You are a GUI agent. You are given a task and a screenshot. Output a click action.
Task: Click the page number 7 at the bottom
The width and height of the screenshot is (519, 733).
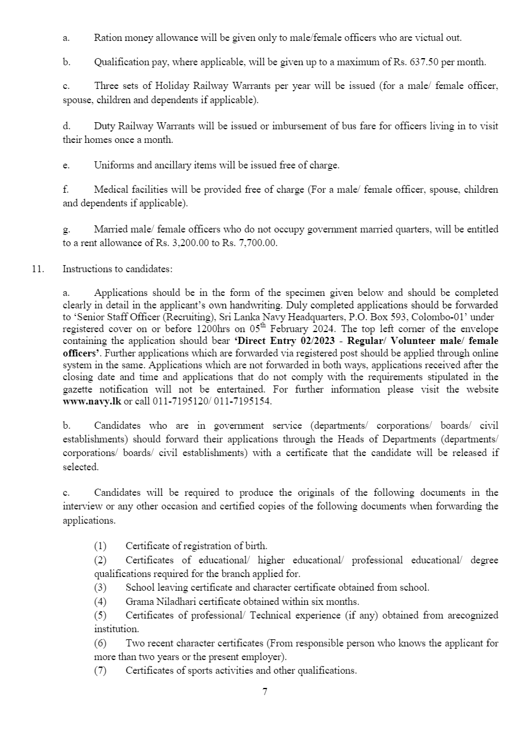click(x=265, y=691)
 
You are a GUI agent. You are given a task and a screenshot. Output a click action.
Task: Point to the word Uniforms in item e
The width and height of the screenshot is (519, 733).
click(x=112, y=165)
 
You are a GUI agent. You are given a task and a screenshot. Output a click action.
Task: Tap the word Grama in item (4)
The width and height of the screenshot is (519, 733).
click(x=139, y=601)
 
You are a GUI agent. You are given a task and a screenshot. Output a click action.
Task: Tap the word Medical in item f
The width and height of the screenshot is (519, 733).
click(x=110, y=190)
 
